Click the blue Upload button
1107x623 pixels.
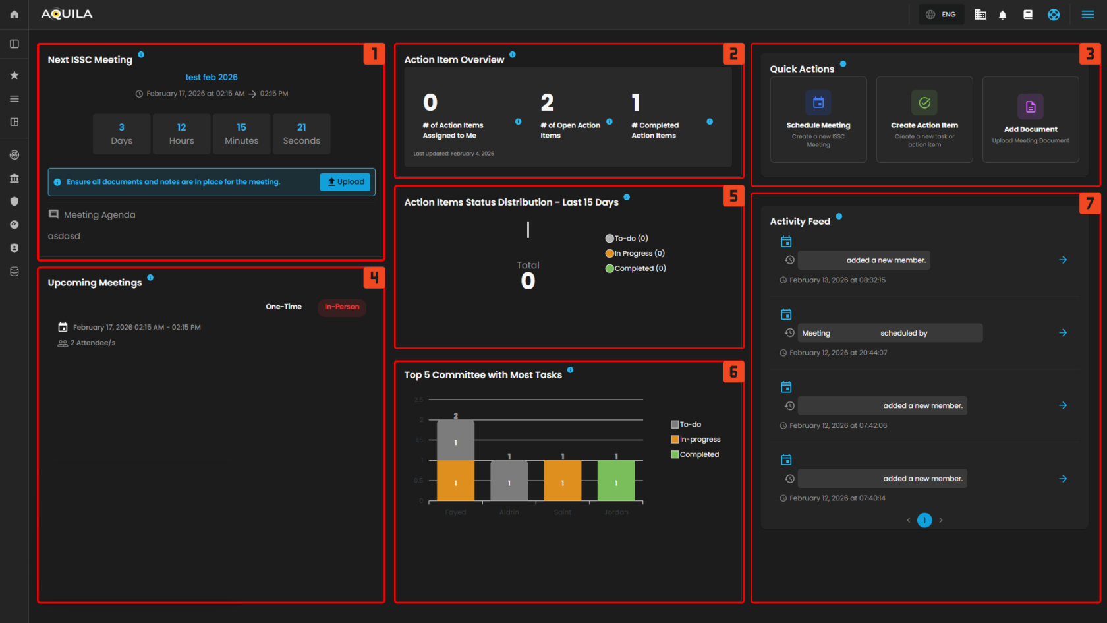coord(345,182)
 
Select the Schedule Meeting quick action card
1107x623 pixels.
coord(818,119)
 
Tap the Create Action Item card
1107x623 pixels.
coord(924,119)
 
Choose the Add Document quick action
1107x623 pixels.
coord(1030,119)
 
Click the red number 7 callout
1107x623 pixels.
coord(1090,204)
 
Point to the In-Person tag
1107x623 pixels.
coord(342,307)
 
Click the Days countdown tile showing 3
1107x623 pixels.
coord(121,134)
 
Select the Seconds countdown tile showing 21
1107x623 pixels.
coord(301,134)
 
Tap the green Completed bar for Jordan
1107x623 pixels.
coord(616,481)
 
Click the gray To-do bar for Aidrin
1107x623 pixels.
coord(509,481)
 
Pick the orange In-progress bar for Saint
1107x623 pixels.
coord(562,481)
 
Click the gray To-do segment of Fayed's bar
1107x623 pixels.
coord(455,440)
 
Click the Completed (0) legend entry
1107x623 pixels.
coord(636,268)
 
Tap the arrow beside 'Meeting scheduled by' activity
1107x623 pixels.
coord(1063,333)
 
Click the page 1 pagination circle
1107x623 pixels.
coord(924,520)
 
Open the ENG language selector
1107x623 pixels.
coord(941,15)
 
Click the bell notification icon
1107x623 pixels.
coord(1002,15)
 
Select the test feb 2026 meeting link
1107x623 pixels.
coord(212,77)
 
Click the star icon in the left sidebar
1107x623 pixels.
coord(14,75)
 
